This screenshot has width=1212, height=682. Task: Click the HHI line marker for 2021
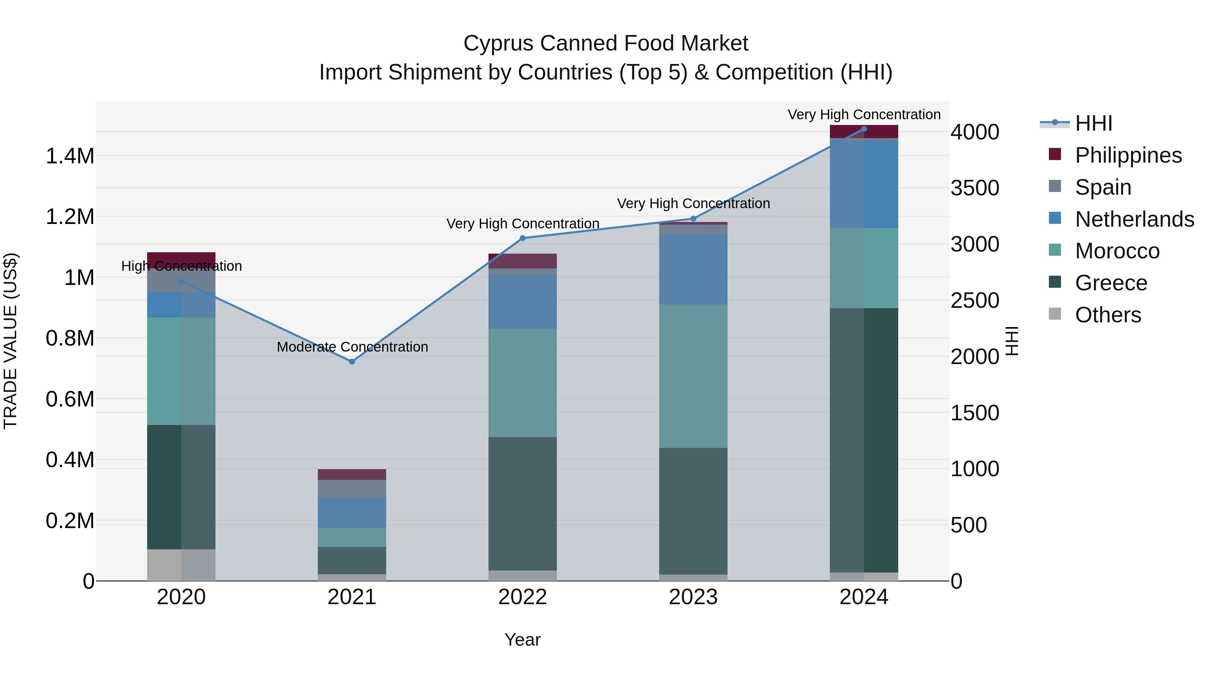point(351,361)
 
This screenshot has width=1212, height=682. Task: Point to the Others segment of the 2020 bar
point(181,565)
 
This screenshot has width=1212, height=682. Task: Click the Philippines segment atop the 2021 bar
point(351,475)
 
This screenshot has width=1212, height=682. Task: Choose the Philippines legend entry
point(1128,155)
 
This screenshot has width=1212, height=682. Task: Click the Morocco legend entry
point(1117,251)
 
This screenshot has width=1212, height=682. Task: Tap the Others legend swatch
point(1055,314)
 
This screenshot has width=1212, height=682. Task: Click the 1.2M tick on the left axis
point(70,217)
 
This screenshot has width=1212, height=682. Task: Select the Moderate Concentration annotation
point(352,347)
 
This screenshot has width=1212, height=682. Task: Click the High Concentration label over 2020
point(181,266)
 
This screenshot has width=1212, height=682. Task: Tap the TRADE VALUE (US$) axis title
point(10,341)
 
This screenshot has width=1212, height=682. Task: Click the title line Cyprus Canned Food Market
point(606,43)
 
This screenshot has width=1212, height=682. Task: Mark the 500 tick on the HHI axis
point(968,525)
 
